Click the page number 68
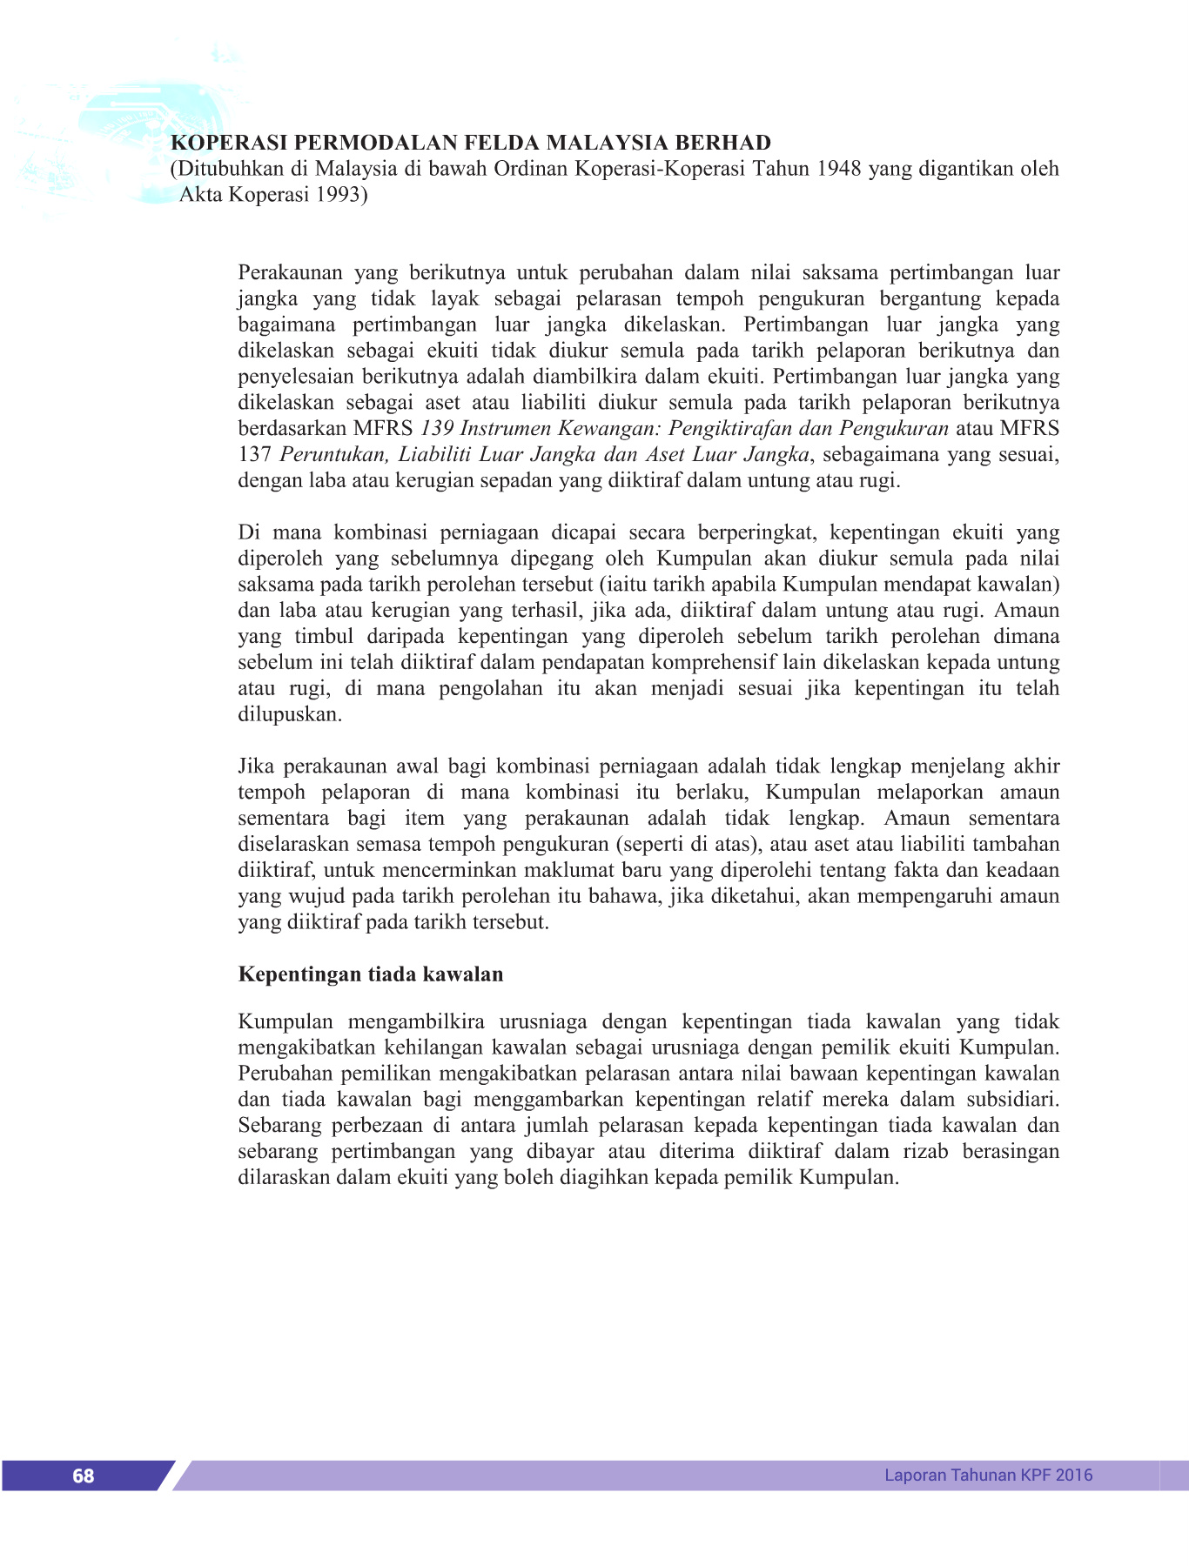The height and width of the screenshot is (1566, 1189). [84, 1476]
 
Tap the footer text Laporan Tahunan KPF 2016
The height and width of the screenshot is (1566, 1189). [988, 1475]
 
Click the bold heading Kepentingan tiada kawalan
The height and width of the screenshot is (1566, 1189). [371, 974]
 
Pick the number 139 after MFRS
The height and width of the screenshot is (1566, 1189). [438, 428]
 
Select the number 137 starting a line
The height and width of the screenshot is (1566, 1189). [255, 454]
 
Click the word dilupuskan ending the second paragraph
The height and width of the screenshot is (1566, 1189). [290, 714]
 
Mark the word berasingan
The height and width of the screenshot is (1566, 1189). [1011, 1152]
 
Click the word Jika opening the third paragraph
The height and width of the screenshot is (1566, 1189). [257, 766]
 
